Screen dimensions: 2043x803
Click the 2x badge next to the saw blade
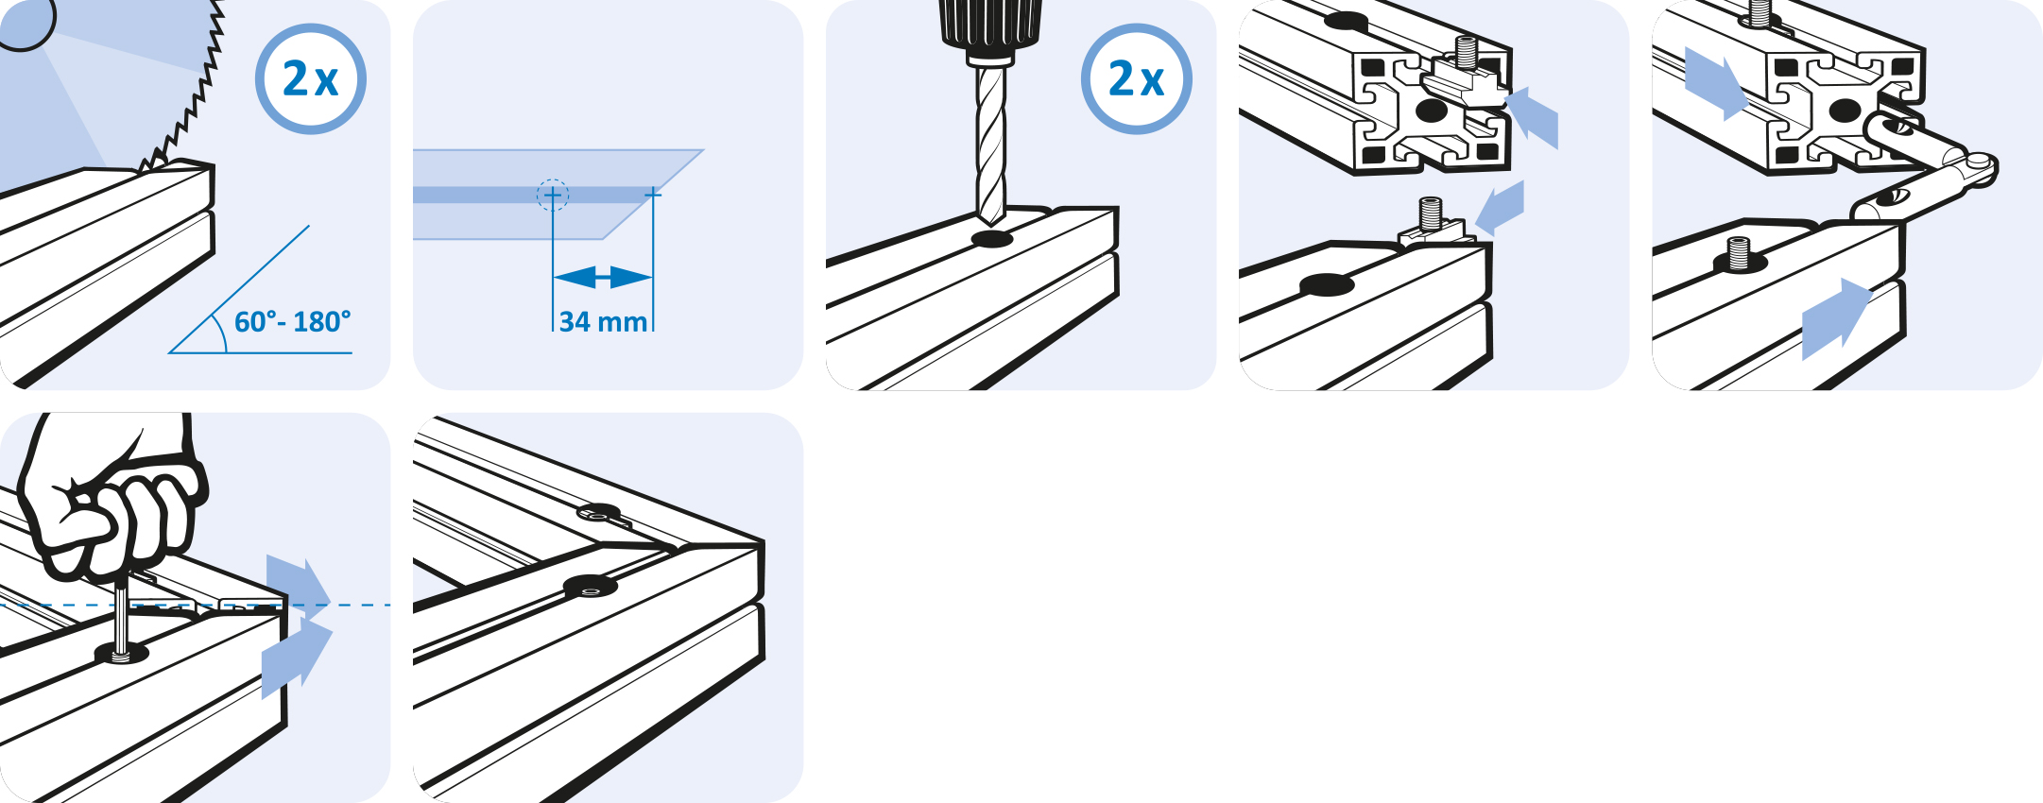coord(311,78)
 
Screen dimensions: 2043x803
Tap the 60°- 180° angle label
coord(292,322)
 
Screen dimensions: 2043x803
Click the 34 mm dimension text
coord(603,322)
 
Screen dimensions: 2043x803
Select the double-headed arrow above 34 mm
coord(603,278)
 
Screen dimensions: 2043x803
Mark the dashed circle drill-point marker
coord(553,195)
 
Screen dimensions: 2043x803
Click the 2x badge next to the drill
coord(1137,78)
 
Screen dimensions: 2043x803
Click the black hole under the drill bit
coord(991,238)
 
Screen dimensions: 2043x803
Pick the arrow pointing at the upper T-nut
coord(1531,116)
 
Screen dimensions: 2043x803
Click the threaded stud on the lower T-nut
coord(1431,213)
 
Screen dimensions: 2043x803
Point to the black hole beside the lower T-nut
coord(1327,284)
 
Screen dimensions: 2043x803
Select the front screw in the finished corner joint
coord(591,589)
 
